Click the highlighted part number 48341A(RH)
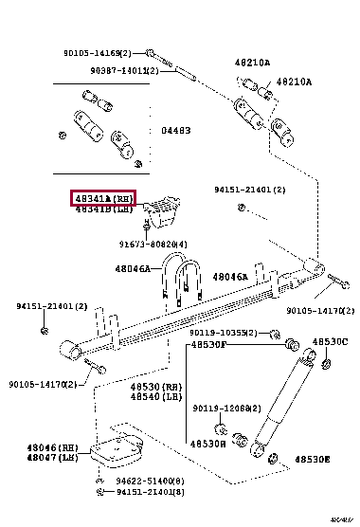[104, 197]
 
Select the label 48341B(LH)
[104, 209]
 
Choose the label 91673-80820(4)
[153, 245]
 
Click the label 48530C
[332, 341]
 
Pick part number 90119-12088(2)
[225, 409]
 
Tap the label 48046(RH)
[56, 446]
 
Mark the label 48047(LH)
[56, 457]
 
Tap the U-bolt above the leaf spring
[186, 279]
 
